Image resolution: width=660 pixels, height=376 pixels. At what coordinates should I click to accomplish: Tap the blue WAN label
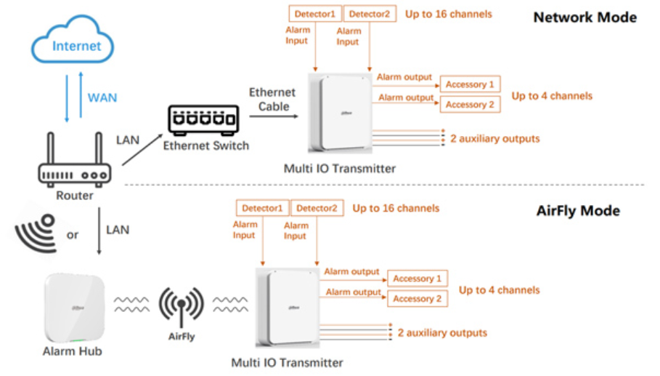click(x=102, y=97)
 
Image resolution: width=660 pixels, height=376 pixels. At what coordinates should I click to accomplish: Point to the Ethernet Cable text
click(x=272, y=100)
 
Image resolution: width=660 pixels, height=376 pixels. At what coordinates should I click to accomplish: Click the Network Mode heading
click(x=584, y=17)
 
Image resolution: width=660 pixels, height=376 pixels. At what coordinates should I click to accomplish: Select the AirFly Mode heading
click(x=578, y=211)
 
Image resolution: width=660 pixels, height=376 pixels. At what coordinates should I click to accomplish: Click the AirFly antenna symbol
click(x=182, y=306)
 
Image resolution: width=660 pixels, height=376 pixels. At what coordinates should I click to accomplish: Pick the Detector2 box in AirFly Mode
click(x=317, y=208)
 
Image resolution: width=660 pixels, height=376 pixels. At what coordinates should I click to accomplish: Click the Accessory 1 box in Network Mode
click(x=470, y=84)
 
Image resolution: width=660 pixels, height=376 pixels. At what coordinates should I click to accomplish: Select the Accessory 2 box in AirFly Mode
click(x=417, y=298)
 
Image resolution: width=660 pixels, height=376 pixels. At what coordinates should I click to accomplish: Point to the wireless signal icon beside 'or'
click(x=37, y=233)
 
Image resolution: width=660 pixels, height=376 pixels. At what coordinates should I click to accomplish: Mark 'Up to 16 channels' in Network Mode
click(x=448, y=14)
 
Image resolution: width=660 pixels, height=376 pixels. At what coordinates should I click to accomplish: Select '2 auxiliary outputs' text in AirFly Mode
click(x=442, y=332)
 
